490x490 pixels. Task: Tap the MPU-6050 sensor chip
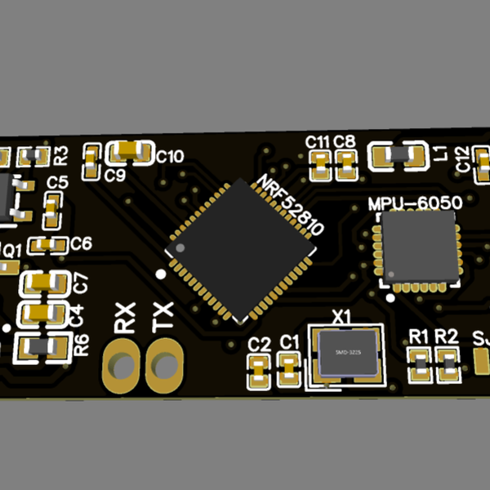point(418,247)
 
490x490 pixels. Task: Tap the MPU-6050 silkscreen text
point(416,203)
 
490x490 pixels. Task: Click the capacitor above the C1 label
point(287,371)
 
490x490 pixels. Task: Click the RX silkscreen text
point(125,316)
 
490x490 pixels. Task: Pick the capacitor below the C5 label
point(53,212)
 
